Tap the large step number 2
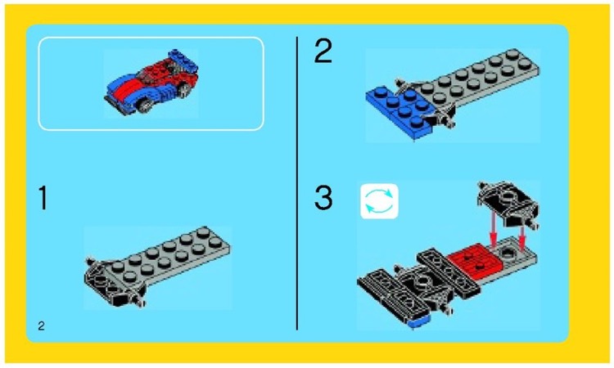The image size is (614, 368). pyautogui.click(x=324, y=54)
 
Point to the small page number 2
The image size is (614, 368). pyautogui.click(x=41, y=325)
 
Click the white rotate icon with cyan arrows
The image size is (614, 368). pyautogui.click(x=379, y=201)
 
